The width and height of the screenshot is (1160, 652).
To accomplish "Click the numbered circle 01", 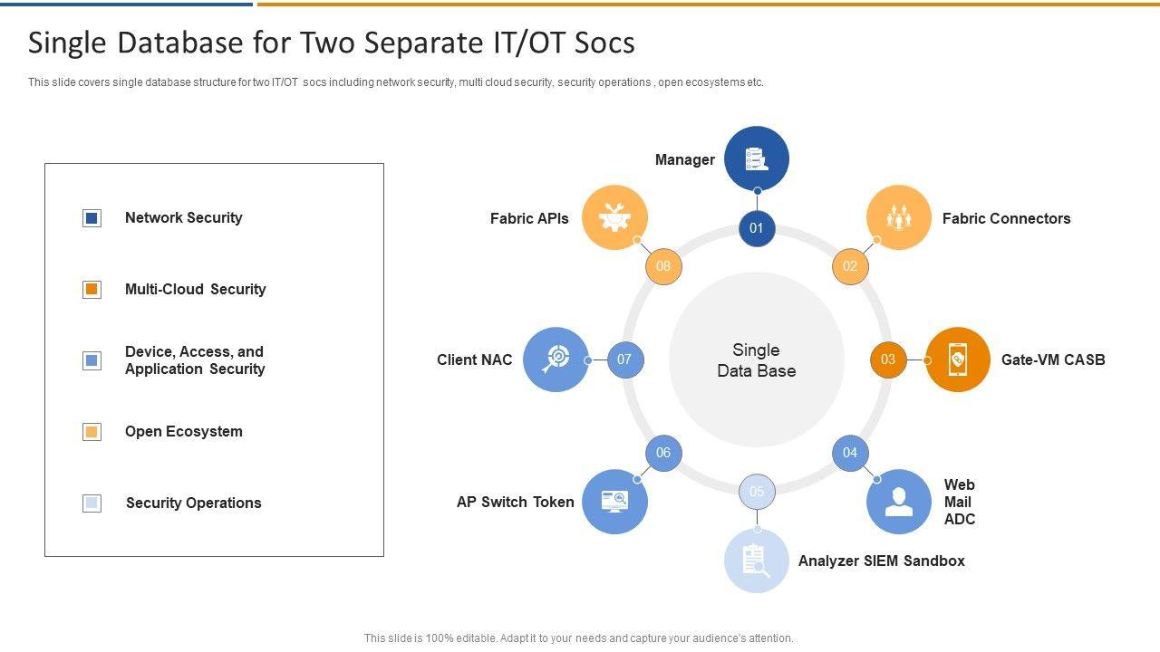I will coord(757,228).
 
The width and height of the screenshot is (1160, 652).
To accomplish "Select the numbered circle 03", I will coord(888,360).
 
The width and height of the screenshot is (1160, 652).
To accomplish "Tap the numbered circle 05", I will coord(757,492).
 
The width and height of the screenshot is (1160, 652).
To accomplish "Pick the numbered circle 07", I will coord(624,360).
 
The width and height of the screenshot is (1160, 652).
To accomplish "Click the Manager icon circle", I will coord(757,158).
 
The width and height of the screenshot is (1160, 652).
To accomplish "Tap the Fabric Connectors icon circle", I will coord(898,217).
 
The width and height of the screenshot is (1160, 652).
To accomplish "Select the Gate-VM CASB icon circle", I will coord(958,360).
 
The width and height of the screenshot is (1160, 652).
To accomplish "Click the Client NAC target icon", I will coord(556,360).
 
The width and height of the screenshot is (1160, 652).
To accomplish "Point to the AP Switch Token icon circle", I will coord(614,501).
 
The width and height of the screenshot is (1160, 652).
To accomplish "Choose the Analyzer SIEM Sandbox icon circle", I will coord(757,561).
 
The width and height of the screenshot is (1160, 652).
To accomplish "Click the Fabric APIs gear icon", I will coord(614,217).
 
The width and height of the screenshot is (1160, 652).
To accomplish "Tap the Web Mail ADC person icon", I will coord(898,501).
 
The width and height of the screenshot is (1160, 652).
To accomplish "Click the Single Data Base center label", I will coord(757,360).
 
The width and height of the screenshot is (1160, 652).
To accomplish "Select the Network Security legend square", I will coord(92,218).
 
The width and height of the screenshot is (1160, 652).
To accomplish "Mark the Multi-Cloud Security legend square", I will coord(92,290).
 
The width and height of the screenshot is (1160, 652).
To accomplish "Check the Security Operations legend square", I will coord(92,503).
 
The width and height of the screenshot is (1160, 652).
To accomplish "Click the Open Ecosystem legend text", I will coord(184,432).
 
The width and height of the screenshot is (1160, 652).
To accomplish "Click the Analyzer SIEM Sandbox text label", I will coord(881,561).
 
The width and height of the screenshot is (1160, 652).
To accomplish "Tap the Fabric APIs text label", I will coord(529,218).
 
